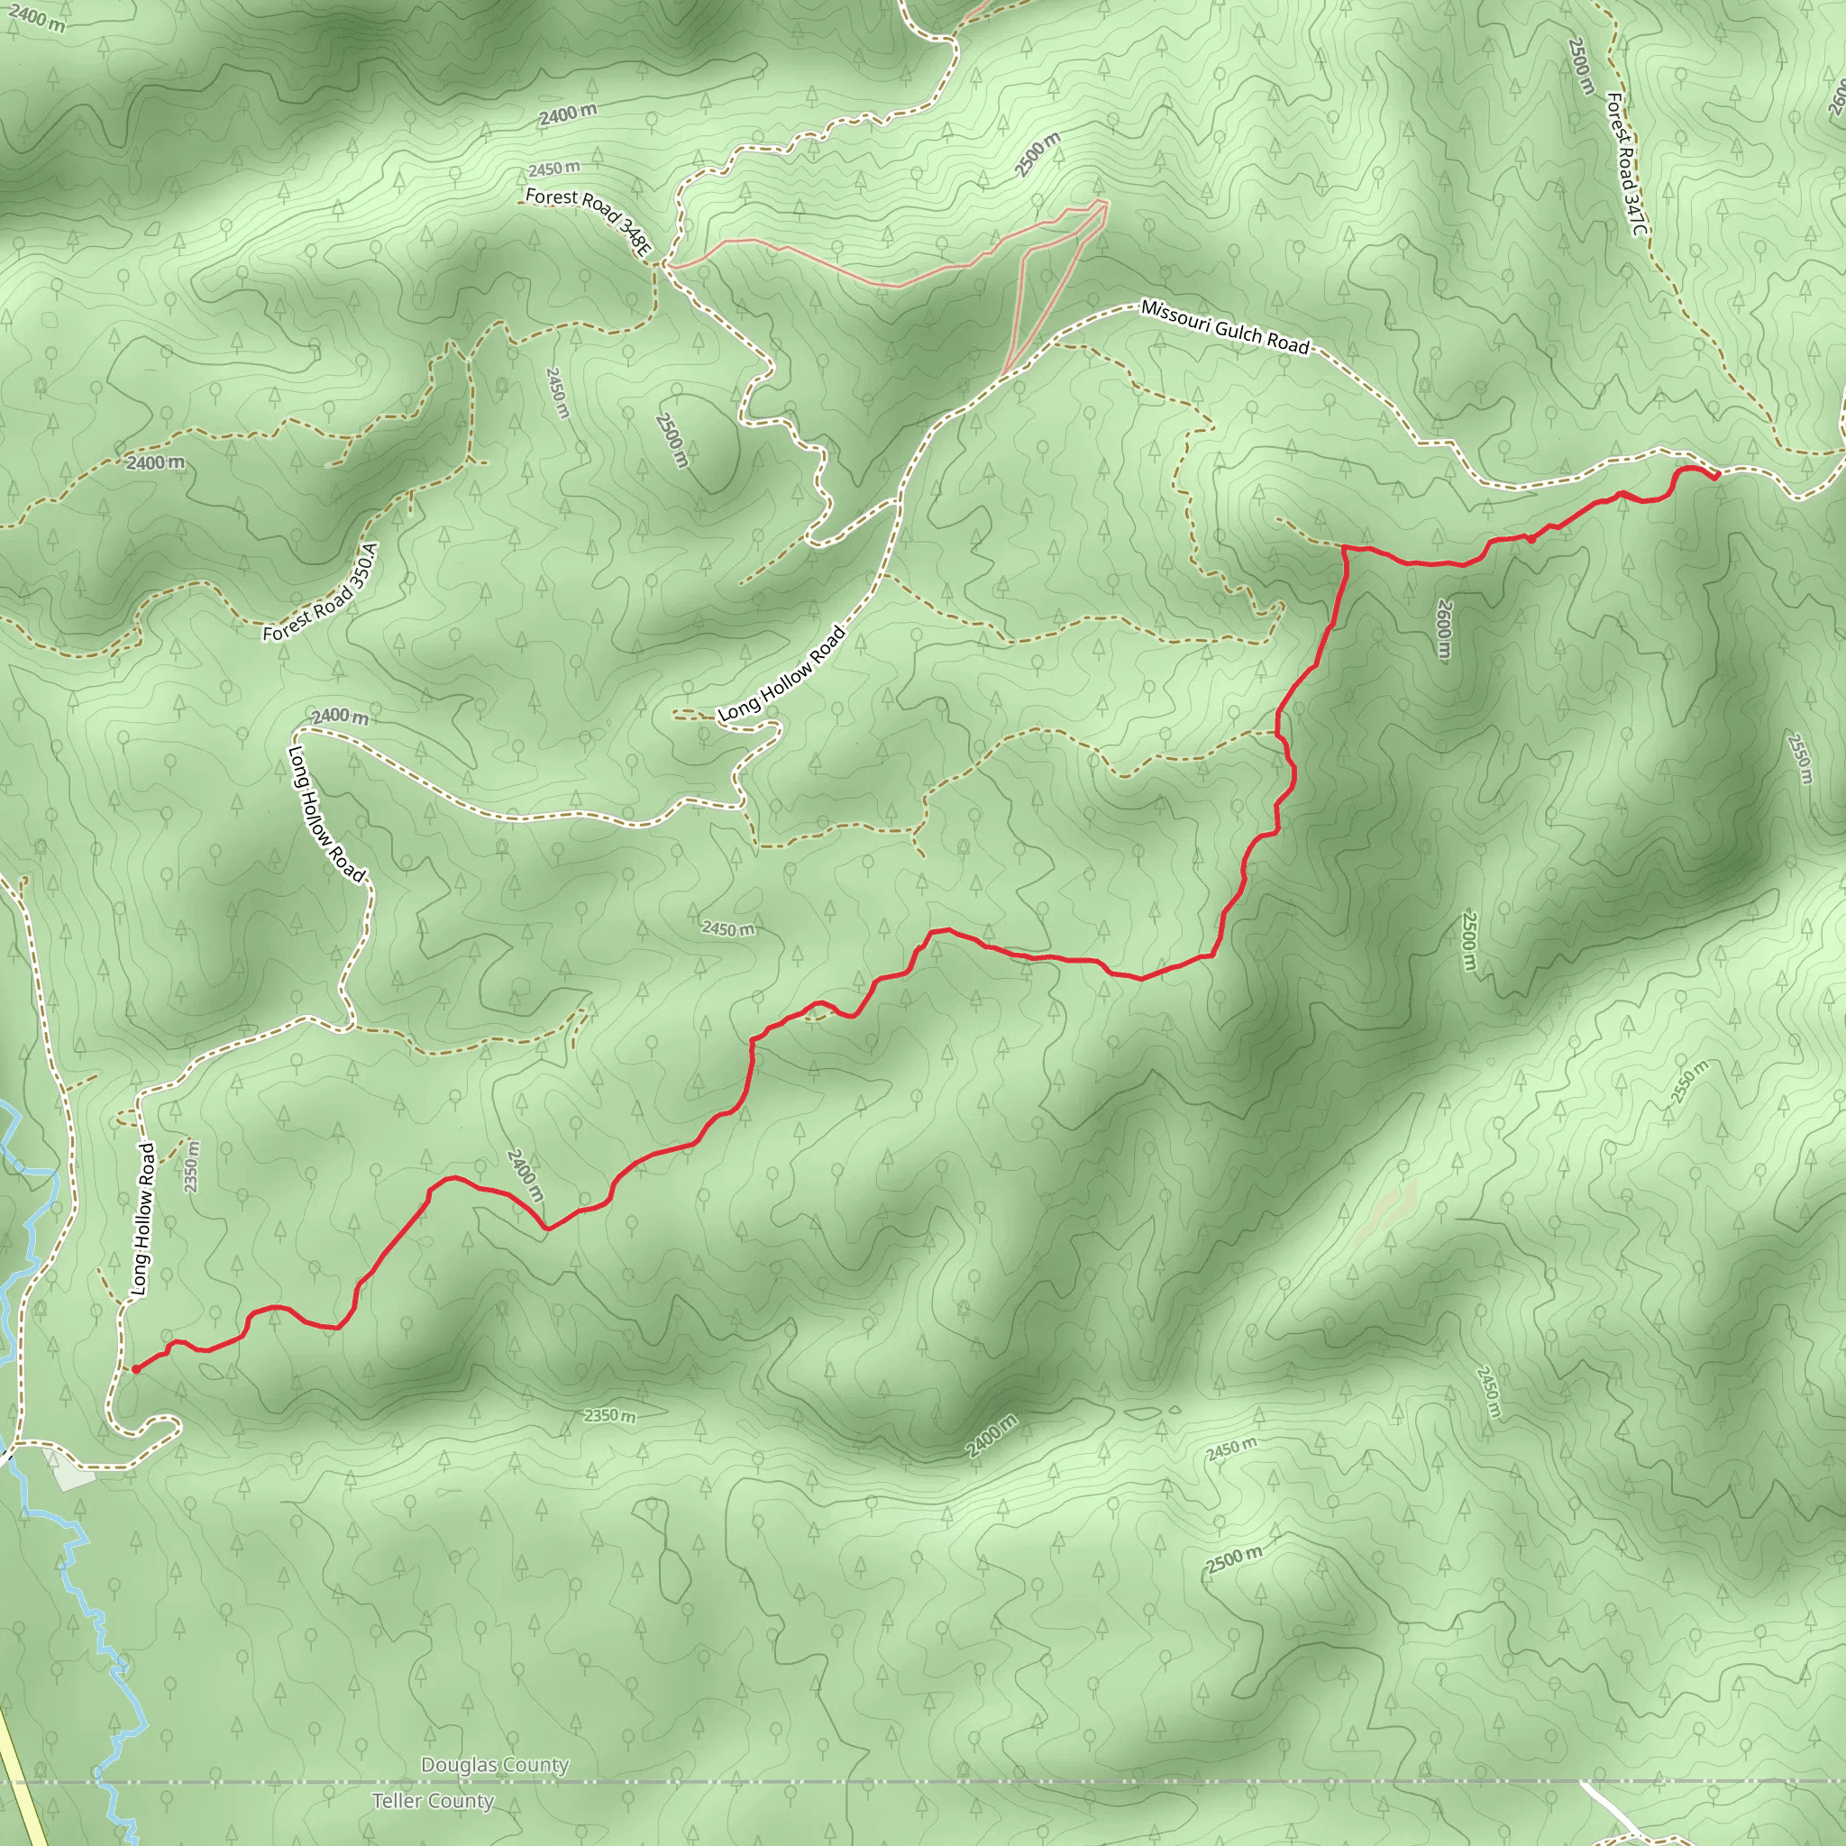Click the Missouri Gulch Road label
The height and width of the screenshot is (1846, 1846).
point(1225,327)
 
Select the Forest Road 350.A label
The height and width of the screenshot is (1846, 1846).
point(321,592)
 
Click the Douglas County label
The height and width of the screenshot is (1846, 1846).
point(495,1765)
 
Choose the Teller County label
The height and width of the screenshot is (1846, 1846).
point(433,1801)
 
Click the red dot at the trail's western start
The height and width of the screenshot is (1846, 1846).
point(136,1369)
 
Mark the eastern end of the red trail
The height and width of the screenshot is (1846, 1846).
point(1716,475)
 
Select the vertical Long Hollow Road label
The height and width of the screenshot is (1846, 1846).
point(142,1220)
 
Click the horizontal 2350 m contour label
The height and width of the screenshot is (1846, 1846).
point(609,1415)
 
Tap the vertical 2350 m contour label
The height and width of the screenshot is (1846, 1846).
point(192,1165)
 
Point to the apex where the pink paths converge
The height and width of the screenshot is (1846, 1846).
point(1104,203)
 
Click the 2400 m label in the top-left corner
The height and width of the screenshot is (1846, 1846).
point(37,18)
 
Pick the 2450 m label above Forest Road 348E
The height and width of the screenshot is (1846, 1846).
point(553,169)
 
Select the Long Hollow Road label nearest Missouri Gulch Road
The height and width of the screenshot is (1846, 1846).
point(781,673)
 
